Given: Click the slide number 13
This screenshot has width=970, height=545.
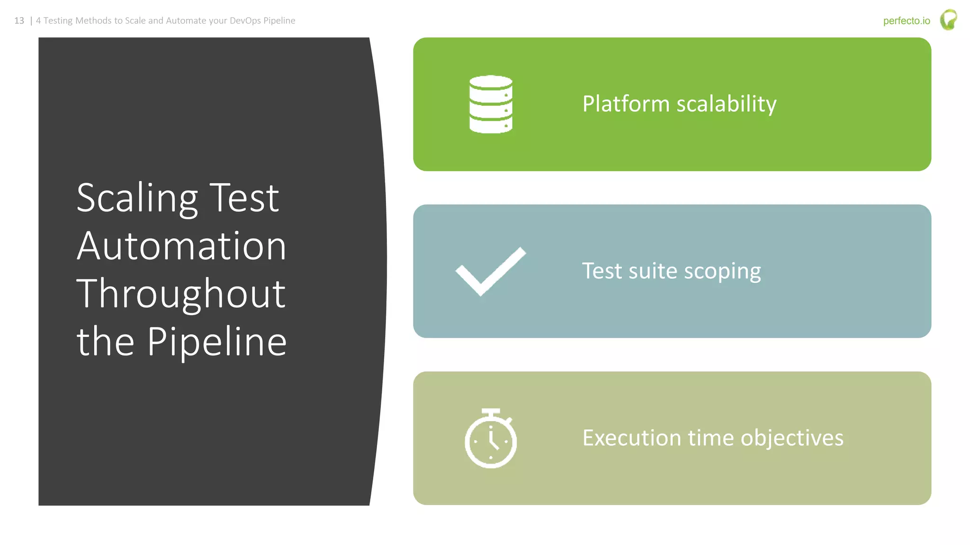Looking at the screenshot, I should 19,21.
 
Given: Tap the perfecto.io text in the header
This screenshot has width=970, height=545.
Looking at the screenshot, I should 906,21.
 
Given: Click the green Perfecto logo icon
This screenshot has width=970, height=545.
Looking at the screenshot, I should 948,20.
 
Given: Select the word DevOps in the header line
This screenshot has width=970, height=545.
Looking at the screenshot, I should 245,21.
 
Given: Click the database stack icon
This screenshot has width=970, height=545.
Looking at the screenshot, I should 491,104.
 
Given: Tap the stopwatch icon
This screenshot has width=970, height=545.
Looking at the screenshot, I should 491,439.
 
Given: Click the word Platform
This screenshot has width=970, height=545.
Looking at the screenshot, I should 626,104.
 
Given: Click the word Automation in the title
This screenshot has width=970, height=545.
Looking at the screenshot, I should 181,246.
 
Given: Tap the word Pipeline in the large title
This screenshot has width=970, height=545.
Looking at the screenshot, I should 217,342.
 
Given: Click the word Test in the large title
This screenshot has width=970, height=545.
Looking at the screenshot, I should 244,198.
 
